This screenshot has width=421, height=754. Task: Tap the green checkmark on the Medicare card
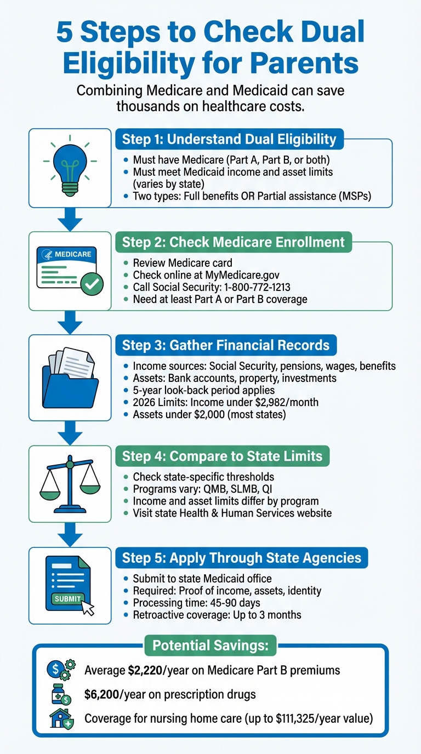[91, 284]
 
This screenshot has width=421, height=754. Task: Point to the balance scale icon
[70, 482]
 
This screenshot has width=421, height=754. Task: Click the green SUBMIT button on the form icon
[67, 598]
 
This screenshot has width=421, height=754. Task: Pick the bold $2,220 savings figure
[146, 670]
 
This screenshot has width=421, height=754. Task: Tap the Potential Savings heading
[210, 646]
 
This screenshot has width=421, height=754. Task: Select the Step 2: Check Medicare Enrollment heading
[233, 242]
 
